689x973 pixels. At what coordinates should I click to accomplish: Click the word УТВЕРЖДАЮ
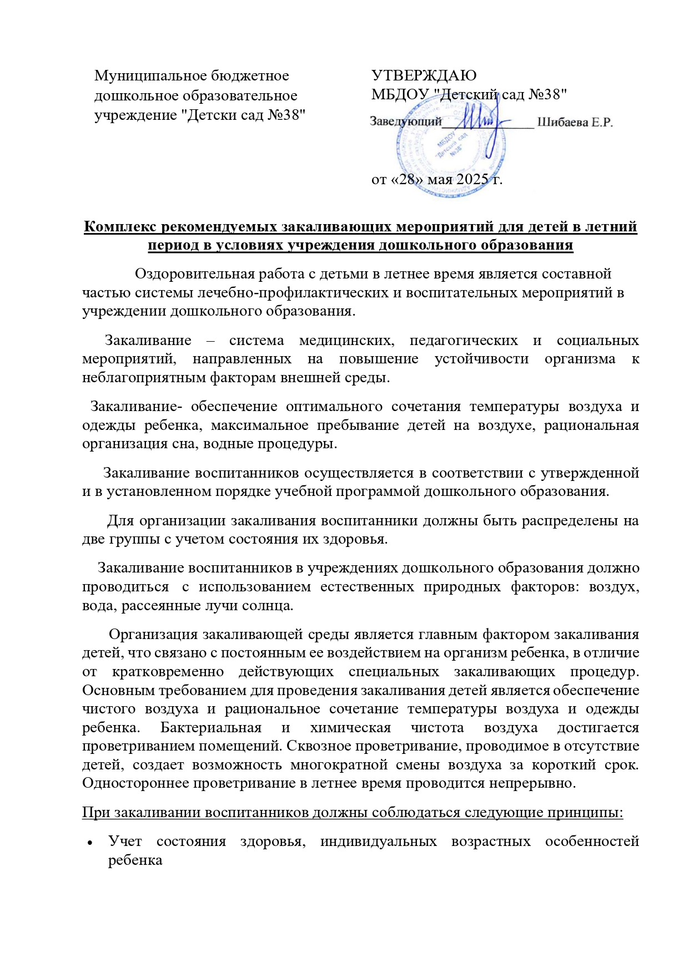424,75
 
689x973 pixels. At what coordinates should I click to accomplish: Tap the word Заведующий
406,122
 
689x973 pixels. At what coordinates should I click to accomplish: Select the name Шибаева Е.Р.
575,122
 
